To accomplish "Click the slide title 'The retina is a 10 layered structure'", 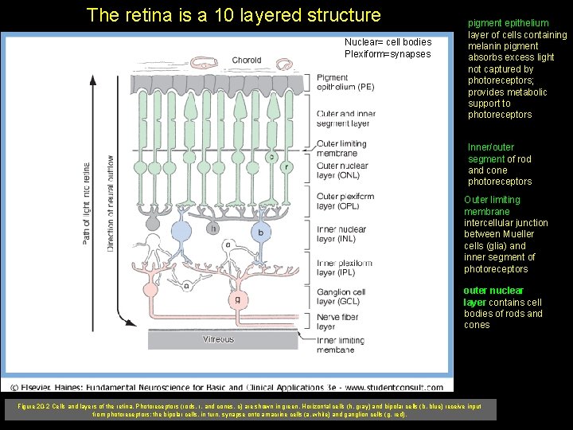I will pyautogui.click(x=233, y=15).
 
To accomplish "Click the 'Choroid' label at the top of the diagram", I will pyautogui.click(x=246, y=61).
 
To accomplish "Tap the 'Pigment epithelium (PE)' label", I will pyautogui.click(x=345, y=82).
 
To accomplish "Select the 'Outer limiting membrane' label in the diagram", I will pyautogui.click(x=342, y=148).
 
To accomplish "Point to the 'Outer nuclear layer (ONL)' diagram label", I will pyautogui.click(x=342, y=171).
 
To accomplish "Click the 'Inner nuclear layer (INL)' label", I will pyautogui.click(x=341, y=234).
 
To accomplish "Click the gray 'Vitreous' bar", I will pyautogui.click(x=218, y=339).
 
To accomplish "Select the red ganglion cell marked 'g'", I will pyautogui.click(x=237, y=299).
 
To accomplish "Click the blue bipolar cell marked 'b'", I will pyautogui.click(x=260, y=232).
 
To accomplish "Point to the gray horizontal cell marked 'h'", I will pyautogui.click(x=213, y=229).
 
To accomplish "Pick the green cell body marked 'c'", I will pyautogui.click(x=271, y=157).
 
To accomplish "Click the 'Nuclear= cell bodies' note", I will pyautogui.click(x=388, y=42).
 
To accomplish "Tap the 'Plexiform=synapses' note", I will pyautogui.click(x=387, y=54).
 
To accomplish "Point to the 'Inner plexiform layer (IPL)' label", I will pyautogui.click(x=344, y=268).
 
